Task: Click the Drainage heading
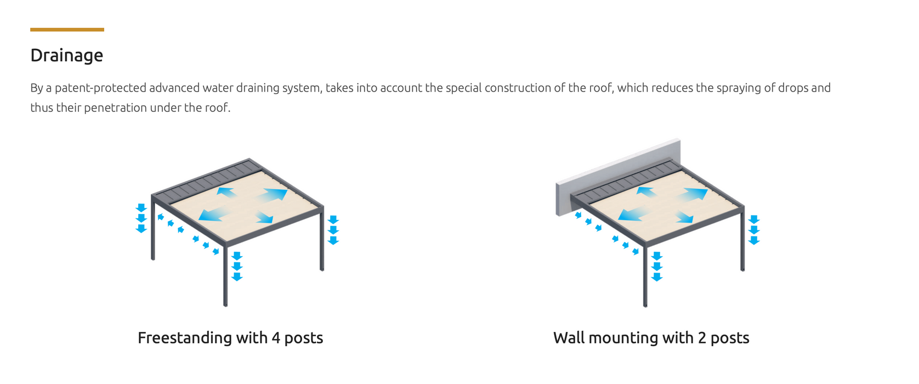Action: pos(66,55)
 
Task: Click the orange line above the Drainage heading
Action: pos(67,30)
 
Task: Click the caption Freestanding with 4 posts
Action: pos(230,338)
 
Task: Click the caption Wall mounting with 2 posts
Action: pos(651,338)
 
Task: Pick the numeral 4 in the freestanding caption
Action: pos(276,338)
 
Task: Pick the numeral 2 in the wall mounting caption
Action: pos(702,338)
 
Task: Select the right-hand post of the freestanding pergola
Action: pos(322,241)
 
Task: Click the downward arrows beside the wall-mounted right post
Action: pos(754,230)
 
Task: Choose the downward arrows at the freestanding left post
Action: pos(141,218)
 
